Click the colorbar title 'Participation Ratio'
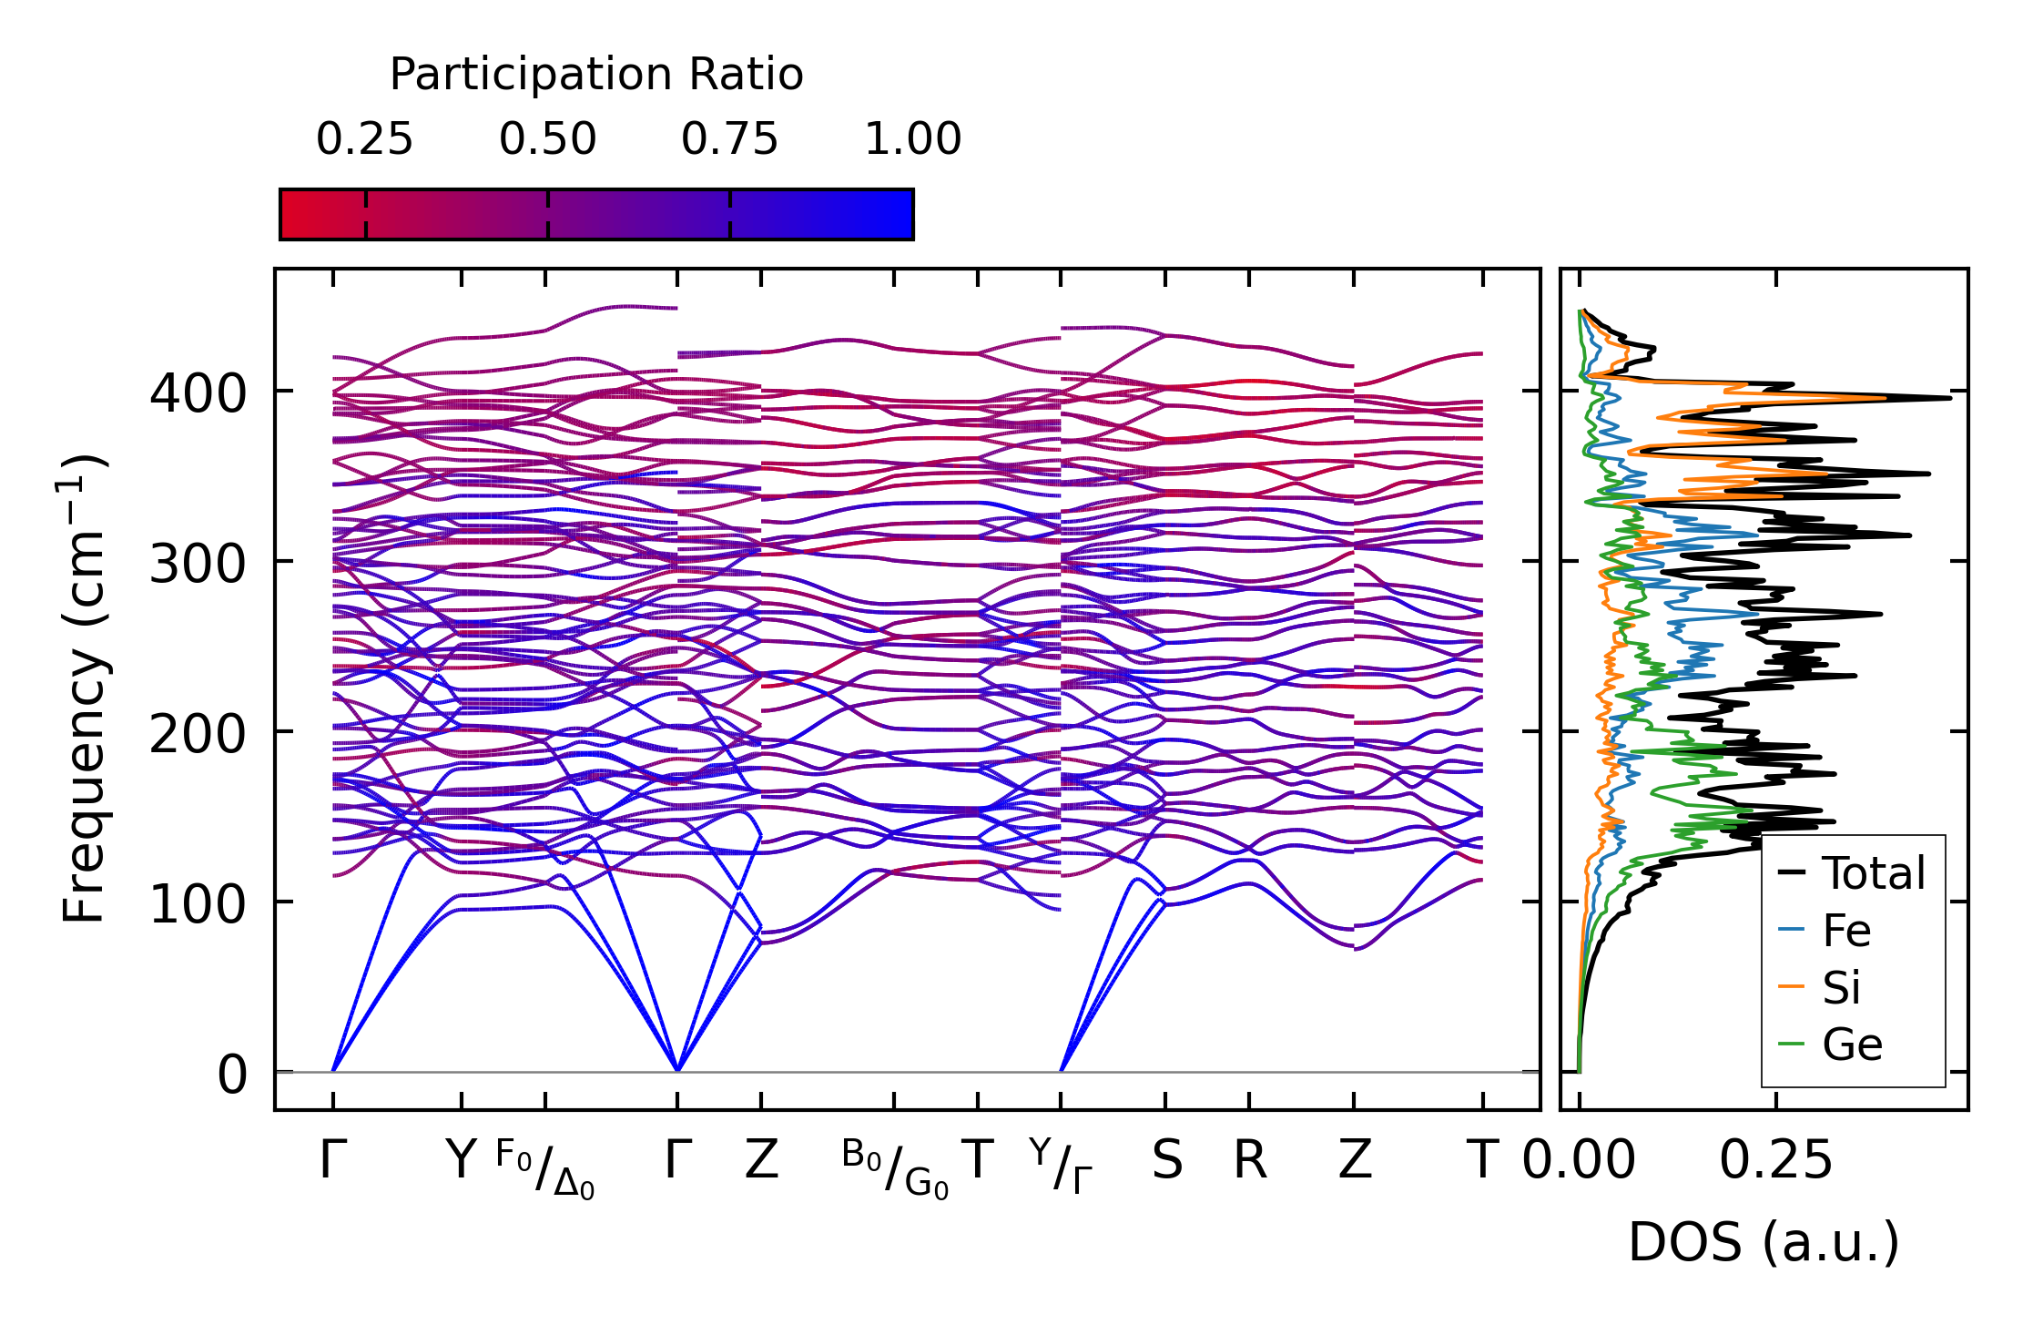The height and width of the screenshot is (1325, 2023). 596,75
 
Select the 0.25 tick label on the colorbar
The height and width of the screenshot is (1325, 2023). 364,140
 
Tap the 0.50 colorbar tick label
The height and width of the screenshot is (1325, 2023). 547,140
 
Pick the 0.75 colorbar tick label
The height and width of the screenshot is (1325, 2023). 729,140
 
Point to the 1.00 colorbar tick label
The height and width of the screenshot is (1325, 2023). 912,140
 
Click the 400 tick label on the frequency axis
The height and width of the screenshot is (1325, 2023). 198,394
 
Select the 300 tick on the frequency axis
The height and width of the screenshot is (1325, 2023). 198,565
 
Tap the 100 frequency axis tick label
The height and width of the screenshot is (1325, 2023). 198,905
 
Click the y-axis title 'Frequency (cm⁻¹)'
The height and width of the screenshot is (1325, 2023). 85,689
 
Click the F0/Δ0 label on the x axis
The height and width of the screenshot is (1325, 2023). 545,1168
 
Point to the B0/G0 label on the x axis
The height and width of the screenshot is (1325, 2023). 895,1168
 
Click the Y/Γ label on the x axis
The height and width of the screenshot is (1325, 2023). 1062,1166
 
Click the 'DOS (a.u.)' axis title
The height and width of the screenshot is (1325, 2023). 1764,1243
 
